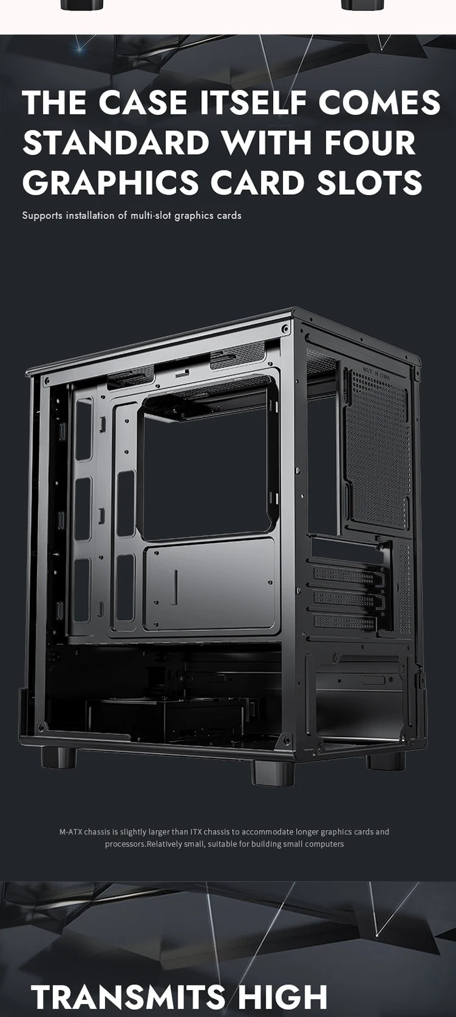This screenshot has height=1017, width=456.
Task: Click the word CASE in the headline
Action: click(x=143, y=102)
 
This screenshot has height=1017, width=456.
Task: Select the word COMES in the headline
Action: click(x=379, y=102)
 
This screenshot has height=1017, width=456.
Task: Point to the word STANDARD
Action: click(x=116, y=142)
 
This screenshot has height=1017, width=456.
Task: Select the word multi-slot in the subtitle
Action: click(x=151, y=215)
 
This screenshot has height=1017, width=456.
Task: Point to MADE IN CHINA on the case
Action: click(x=375, y=372)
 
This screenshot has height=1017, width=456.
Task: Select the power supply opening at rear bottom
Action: click(x=359, y=700)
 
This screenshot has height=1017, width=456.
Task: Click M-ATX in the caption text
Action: click(x=71, y=831)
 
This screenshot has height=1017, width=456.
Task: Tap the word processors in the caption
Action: click(x=125, y=844)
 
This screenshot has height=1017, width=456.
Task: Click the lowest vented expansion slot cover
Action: click(x=345, y=623)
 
